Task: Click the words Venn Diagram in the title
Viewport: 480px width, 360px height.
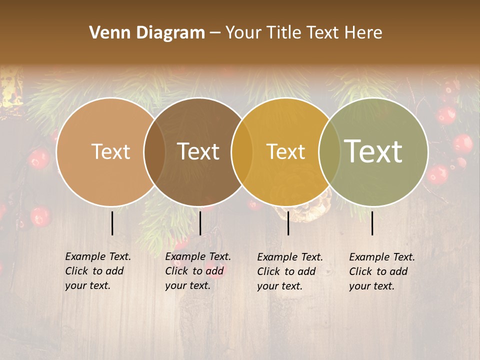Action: click(147, 33)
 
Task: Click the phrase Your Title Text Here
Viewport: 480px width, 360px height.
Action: click(303, 33)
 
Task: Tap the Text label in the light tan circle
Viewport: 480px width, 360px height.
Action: click(110, 151)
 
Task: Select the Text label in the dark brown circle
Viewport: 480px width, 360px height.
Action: click(198, 151)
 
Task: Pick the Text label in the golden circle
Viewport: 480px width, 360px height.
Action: click(285, 151)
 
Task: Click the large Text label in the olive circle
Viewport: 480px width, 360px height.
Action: click(373, 151)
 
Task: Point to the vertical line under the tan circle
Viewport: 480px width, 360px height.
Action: click(112, 223)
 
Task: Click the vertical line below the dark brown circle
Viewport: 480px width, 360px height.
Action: click(200, 223)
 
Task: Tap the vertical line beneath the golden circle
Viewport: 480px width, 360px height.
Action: click(288, 223)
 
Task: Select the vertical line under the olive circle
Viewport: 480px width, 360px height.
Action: click(372, 223)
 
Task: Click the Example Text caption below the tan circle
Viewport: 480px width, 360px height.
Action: click(97, 271)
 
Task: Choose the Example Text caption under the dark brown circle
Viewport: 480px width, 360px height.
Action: click(197, 271)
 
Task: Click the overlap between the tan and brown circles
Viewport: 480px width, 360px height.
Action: click(154, 151)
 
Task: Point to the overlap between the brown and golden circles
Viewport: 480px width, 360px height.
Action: click(241, 151)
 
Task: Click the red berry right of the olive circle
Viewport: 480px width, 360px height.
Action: click(462, 143)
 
